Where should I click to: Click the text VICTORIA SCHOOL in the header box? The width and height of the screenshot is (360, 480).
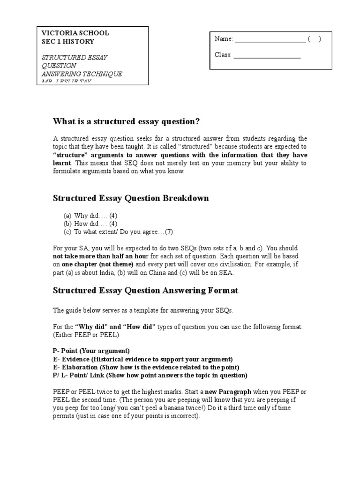pos(75,33)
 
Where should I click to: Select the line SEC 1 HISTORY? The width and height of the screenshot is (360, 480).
pos(68,41)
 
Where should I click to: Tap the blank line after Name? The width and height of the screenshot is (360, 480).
pos(270,39)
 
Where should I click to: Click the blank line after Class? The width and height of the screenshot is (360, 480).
pos(267,55)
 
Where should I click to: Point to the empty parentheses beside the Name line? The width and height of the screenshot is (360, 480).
pos(314,39)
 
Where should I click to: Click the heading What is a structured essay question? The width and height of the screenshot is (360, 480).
pos(126,122)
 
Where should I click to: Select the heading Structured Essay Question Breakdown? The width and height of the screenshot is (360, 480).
pos(131,198)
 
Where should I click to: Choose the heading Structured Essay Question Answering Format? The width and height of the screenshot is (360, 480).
pos(145,291)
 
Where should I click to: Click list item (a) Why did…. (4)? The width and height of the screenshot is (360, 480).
pos(90,216)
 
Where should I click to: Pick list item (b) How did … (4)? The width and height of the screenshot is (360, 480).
pos(90,224)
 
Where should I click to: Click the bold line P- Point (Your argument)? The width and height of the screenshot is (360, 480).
pos(91,351)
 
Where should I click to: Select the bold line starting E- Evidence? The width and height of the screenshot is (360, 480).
pos(142,359)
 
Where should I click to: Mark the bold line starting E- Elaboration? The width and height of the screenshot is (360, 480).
pos(146,367)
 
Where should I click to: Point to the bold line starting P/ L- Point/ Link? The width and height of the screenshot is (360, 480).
pos(150,375)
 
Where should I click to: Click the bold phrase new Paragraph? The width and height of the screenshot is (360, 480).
pos(233,392)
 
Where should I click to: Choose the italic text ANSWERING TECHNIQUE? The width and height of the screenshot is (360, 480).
pos(82,74)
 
